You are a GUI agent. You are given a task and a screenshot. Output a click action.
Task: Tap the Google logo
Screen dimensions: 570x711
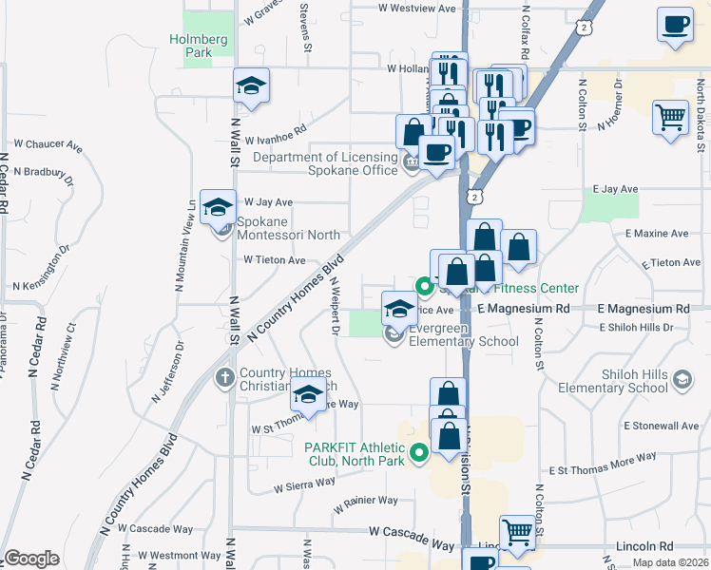(x=31, y=559)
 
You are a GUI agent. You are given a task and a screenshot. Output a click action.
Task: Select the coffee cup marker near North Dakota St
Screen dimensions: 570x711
(x=675, y=25)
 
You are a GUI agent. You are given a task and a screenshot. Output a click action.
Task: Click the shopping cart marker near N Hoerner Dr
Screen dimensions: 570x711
(x=670, y=118)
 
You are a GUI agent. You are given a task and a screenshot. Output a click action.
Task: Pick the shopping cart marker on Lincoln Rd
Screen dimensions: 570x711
(x=517, y=532)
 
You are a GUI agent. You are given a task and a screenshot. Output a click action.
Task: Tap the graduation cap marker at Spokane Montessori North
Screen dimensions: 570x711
(x=218, y=206)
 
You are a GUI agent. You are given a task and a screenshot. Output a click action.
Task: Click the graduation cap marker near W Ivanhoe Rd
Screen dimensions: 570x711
(x=251, y=86)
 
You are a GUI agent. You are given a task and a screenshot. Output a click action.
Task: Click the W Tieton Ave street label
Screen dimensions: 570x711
(x=275, y=260)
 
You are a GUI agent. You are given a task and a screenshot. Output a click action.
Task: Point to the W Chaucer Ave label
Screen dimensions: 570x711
(x=48, y=144)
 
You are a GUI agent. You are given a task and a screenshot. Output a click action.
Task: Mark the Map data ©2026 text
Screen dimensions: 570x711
(x=669, y=562)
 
